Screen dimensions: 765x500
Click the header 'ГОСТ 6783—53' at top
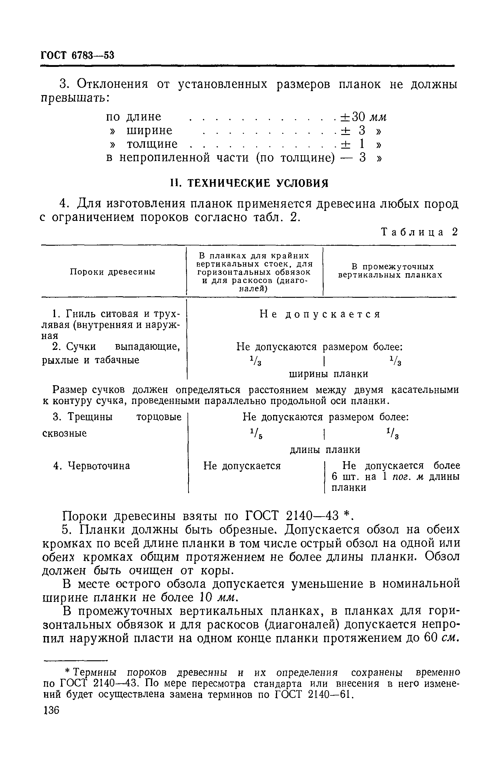[x=77, y=56]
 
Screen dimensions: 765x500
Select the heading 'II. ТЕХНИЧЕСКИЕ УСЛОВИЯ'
[x=249, y=183]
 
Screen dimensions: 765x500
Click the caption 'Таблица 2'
[x=419, y=232]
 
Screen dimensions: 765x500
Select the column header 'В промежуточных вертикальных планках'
[x=390, y=271]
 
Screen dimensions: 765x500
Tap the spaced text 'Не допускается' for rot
[x=320, y=314]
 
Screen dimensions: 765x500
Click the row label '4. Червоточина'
[x=92, y=466]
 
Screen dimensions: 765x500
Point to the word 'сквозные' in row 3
[x=64, y=433]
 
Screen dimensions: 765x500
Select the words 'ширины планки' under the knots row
[x=329, y=374]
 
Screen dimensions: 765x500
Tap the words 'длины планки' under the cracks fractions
[x=325, y=450]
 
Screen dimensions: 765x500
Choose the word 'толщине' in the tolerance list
[x=152, y=144]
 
